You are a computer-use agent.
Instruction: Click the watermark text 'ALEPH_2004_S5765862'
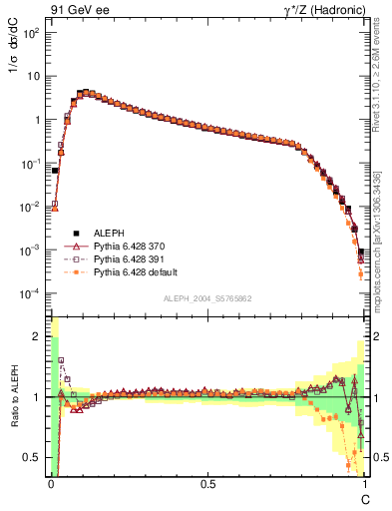[207, 298]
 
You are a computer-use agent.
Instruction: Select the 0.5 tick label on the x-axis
[207, 482]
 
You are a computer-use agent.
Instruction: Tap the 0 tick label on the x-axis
[51, 482]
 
